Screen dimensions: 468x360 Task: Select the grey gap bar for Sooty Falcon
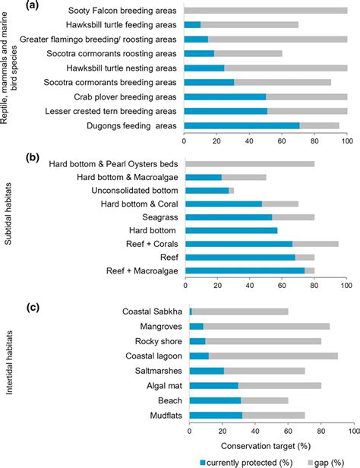266,11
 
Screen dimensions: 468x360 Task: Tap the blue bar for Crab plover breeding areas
225,96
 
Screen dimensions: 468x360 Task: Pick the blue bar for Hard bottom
231,230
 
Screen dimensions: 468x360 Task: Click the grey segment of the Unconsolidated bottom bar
232,190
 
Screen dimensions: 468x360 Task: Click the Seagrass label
159,217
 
